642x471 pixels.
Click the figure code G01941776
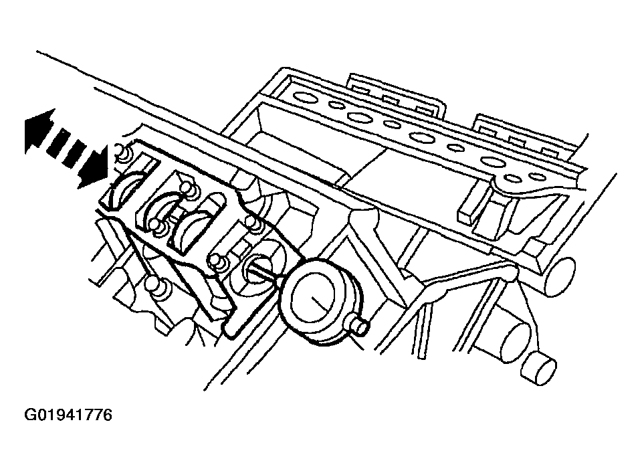[x=68, y=415]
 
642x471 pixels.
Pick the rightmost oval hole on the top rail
[x=537, y=177]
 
